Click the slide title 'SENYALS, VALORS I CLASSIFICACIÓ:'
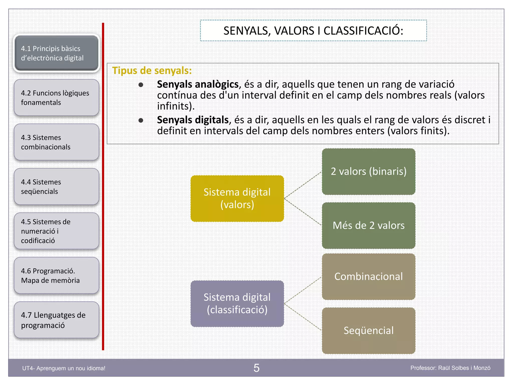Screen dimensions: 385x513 coord(313,31)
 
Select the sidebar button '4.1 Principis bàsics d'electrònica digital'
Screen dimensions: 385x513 coord(56,53)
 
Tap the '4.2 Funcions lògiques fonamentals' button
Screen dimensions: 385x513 coord(56,98)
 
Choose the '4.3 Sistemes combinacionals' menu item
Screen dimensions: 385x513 coord(56,142)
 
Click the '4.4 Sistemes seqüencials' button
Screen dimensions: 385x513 coord(56,186)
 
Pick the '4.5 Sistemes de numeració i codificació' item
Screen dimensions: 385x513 coord(56,231)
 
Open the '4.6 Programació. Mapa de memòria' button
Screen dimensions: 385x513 coord(56,275)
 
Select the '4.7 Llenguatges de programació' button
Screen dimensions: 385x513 coord(56,320)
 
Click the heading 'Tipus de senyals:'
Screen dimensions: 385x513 coord(152,71)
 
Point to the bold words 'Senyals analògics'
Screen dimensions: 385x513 coord(198,84)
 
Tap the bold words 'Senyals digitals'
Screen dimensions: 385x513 coord(193,120)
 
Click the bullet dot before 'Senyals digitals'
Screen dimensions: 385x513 coord(141,121)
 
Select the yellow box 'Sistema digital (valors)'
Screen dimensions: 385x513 coord(237,199)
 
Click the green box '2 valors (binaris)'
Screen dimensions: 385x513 coord(368,171)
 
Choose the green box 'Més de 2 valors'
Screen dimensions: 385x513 coord(368,226)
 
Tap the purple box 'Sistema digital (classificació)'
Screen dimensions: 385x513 coord(237,304)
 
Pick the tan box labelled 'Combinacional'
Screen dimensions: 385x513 coord(368,276)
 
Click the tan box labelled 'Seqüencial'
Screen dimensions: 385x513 coord(368,331)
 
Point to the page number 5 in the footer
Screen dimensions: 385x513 coord(256,368)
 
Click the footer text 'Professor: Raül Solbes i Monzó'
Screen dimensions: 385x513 coord(450,368)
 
